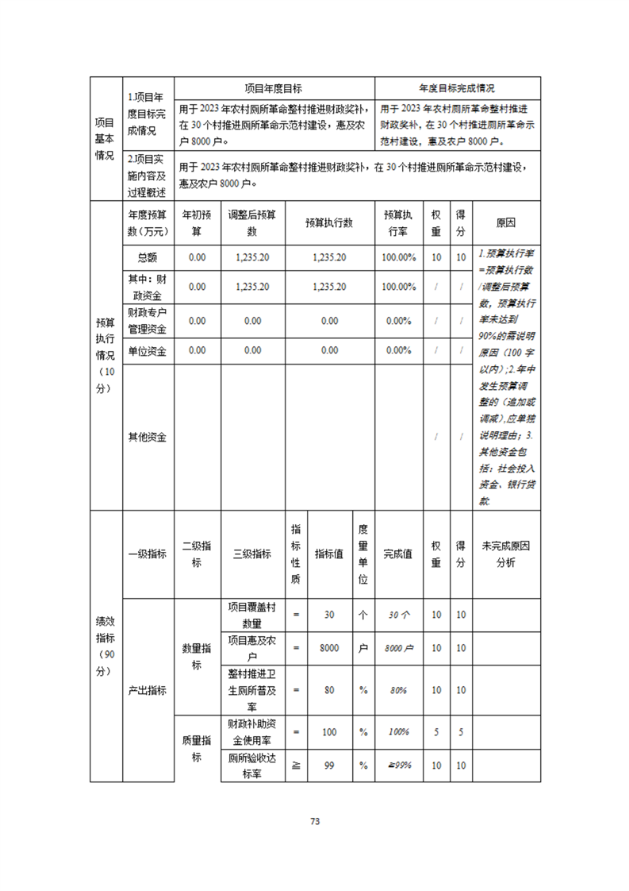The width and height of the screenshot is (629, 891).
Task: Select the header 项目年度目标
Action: click(274, 88)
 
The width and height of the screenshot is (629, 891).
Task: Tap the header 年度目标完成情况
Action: click(458, 88)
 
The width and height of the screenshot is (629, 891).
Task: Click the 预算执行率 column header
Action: click(398, 223)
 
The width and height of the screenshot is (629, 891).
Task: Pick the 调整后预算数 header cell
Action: click(252, 223)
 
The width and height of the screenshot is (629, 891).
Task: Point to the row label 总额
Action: click(148, 257)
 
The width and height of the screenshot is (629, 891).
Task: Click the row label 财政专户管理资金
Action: click(148, 321)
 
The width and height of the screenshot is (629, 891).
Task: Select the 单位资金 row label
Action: click(148, 350)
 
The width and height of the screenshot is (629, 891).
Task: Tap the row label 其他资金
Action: click(148, 437)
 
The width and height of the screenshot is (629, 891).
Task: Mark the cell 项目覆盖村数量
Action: click(252, 615)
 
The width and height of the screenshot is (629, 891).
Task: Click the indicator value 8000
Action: click(329, 648)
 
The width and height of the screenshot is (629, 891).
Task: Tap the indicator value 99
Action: click(329, 766)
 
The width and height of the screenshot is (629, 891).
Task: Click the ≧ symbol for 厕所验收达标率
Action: click(296, 766)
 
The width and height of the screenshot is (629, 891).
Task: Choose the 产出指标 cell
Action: click(148, 690)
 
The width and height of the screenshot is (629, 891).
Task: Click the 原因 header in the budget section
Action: click(505, 223)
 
